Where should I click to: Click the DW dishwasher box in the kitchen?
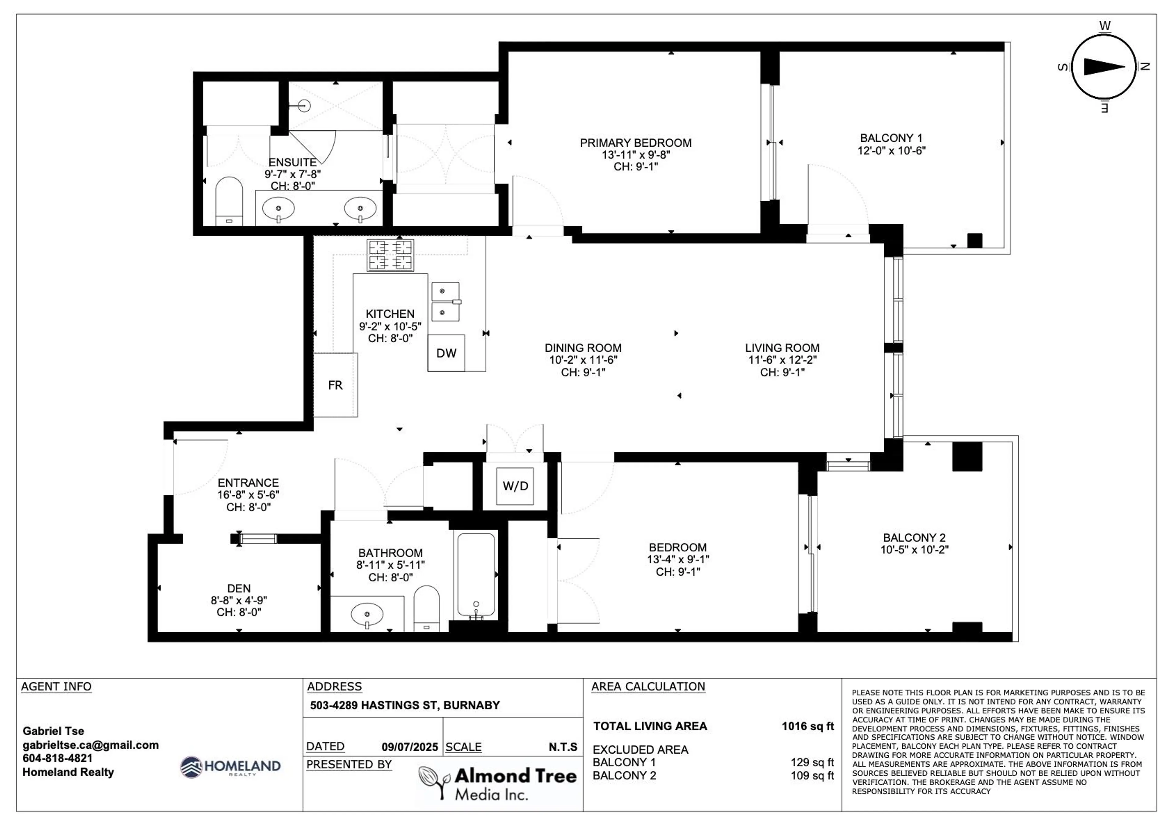(x=446, y=353)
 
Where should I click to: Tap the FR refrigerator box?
(x=335, y=385)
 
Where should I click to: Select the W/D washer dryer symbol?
(x=515, y=486)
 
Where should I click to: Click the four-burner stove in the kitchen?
(x=390, y=255)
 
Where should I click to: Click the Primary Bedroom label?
(x=636, y=143)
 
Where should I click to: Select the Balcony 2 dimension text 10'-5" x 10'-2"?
(x=914, y=550)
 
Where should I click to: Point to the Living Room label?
(x=782, y=348)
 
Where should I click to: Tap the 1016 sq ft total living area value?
(x=808, y=726)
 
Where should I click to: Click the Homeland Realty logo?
(x=231, y=767)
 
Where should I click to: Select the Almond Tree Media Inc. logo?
(x=498, y=783)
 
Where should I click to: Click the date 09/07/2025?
(x=410, y=747)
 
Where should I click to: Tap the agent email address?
(x=90, y=745)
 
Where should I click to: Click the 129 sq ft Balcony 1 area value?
(x=812, y=762)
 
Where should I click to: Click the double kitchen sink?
(x=445, y=302)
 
